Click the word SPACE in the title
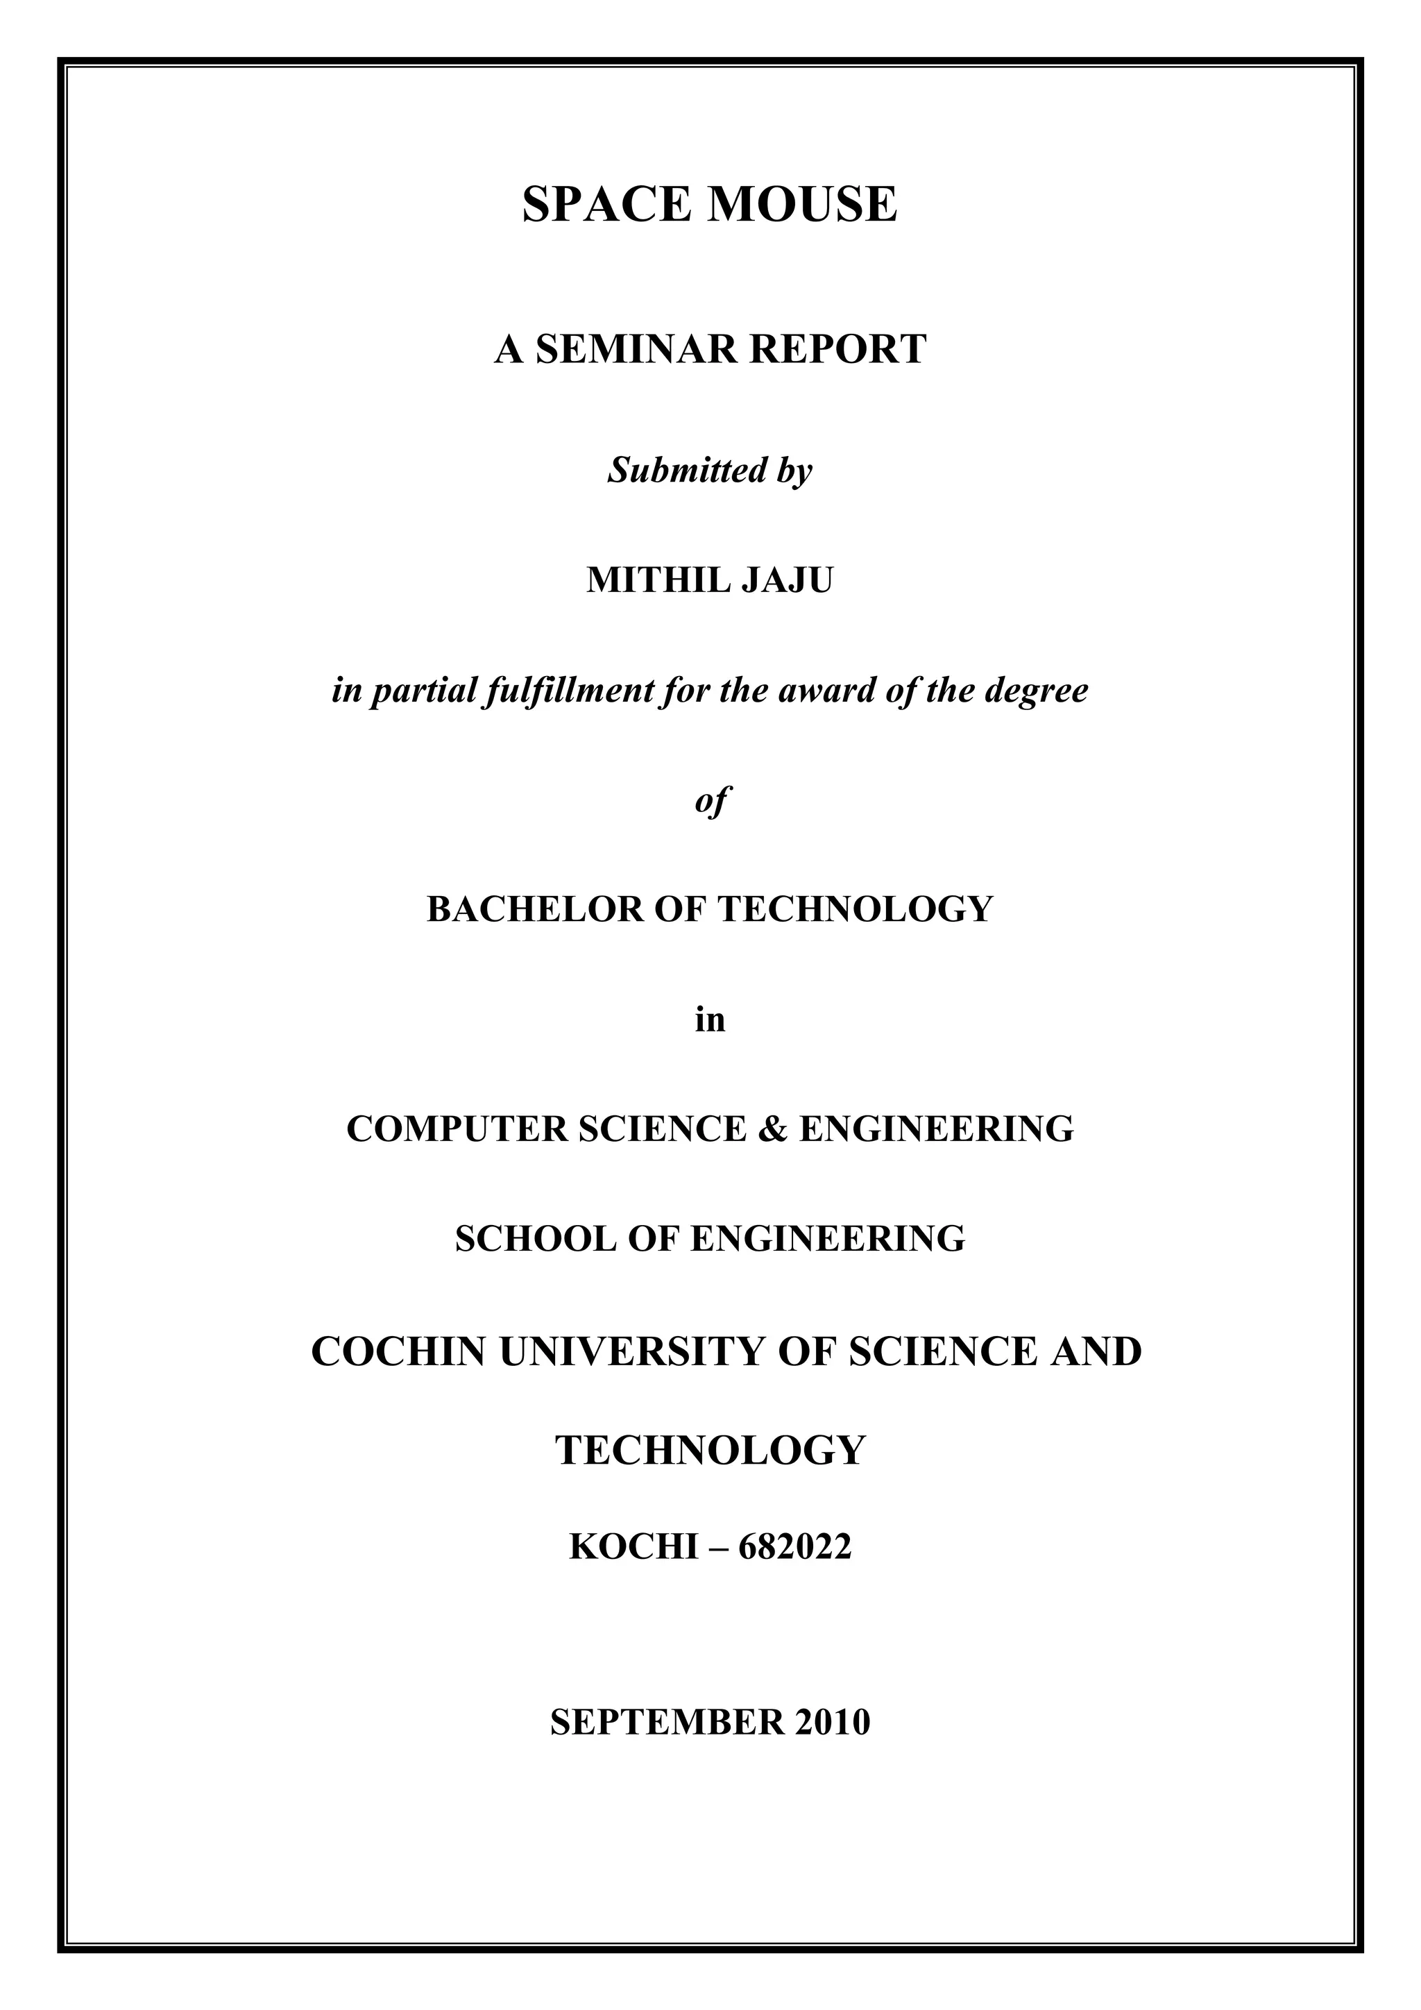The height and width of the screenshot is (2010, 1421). tap(608, 205)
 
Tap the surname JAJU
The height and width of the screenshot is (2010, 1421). tap(788, 580)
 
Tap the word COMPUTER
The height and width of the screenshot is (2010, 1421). tap(456, 1129)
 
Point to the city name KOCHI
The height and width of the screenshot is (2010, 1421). tap(633, 1548)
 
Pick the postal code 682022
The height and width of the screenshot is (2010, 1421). tap(794, 1548)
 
